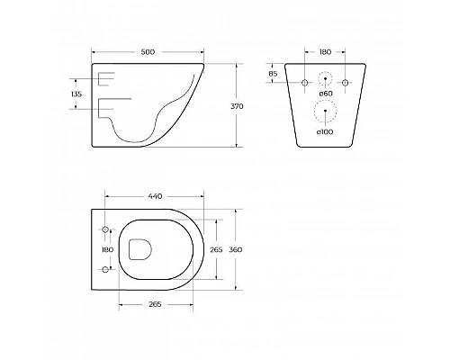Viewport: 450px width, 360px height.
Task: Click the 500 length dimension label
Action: point(148,51)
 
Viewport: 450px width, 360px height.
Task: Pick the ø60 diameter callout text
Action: point(326,94)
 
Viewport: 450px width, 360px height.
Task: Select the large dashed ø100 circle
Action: point(326,112)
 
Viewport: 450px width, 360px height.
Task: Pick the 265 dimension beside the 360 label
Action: point(215,249)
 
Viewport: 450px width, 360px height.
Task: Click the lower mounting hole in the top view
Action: point(106,269)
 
